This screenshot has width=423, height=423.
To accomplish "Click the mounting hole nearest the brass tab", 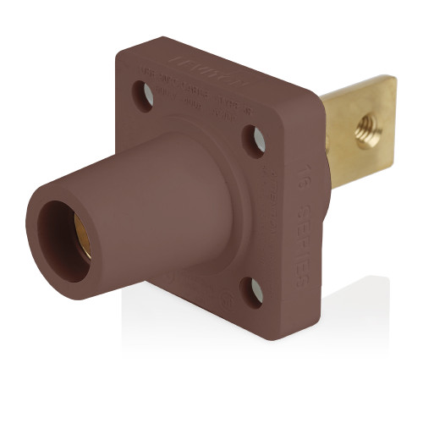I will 255,139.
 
